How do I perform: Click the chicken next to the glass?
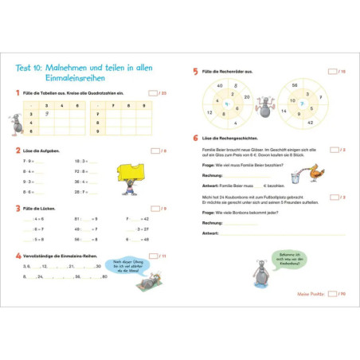(315, 171)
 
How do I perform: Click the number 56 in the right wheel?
(295, 84)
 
